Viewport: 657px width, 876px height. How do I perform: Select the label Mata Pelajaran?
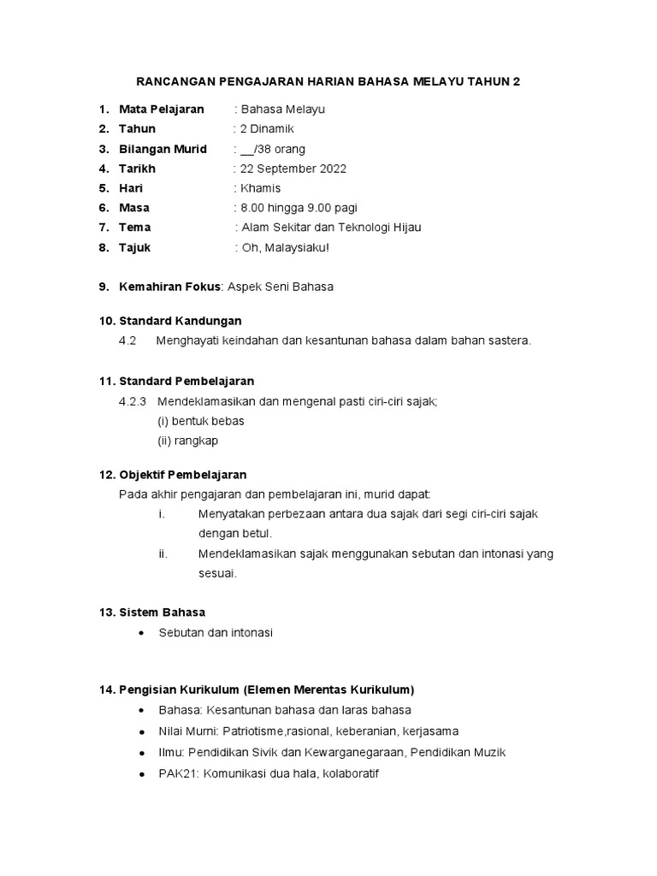(x=162, y=109)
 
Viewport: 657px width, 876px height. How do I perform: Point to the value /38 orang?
(x=281, y=149)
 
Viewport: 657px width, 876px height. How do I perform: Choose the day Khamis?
(x=261, y=188)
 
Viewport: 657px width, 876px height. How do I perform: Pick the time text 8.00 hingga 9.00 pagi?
(x=299, y=208)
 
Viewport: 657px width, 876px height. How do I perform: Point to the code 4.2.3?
(x=133, y=401)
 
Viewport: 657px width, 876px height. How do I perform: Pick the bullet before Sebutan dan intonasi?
(x=140, y=633)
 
